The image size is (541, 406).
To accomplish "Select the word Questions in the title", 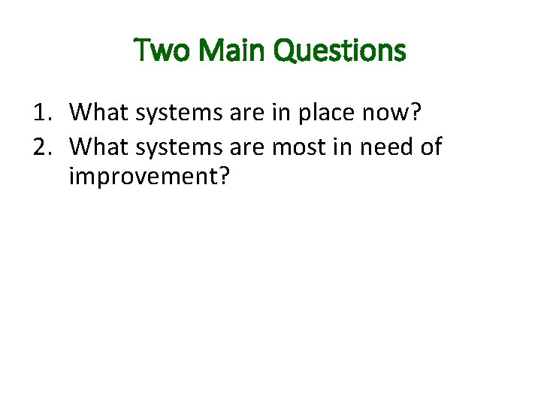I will coord(340,51).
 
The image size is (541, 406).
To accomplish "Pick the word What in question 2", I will coord(98,146).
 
